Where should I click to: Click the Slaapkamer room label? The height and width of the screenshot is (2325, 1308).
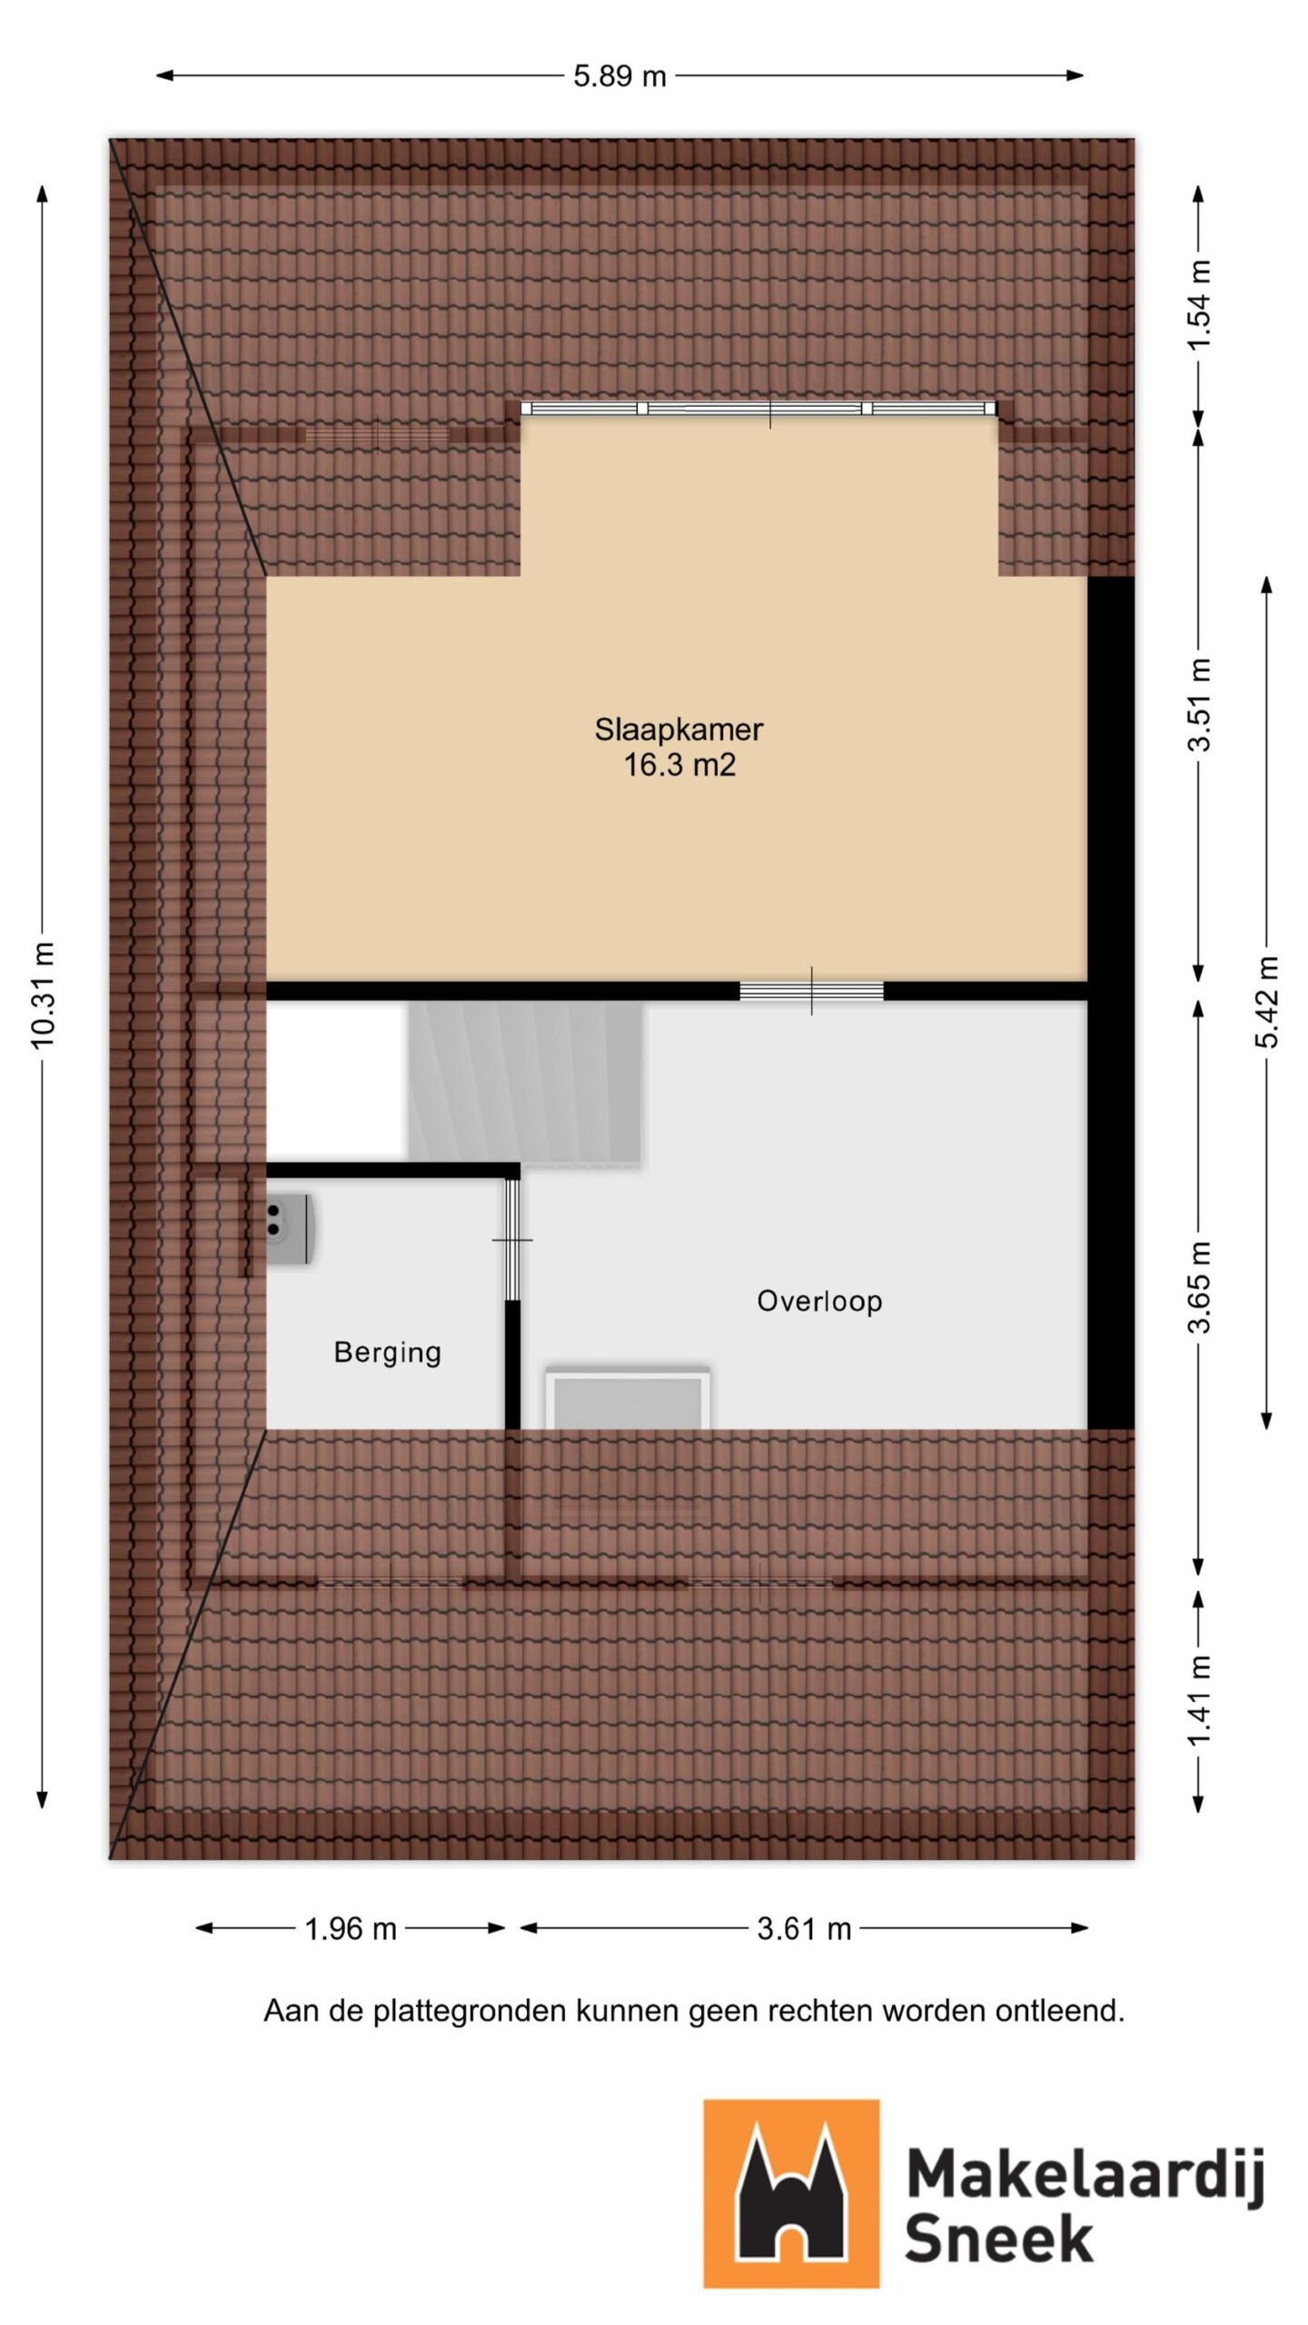[679, 729]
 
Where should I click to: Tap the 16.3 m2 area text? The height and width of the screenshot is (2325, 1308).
[679, 765]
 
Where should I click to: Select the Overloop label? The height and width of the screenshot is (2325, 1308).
[819, 1301]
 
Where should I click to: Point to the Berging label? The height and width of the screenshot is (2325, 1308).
[388, 1352]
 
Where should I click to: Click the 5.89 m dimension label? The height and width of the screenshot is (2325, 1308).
[619, 76]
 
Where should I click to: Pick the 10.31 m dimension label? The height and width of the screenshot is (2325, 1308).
[43, 994]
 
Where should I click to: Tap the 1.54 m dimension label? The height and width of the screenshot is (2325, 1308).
[1200, 304]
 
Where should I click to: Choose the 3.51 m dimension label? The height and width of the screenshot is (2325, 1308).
[1200, 704]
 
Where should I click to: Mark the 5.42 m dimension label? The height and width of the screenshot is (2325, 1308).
[1268, 1001]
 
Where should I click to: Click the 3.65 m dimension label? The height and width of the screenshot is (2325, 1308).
[1200, 1286]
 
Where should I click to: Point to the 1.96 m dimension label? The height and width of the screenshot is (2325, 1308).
[351, 1928]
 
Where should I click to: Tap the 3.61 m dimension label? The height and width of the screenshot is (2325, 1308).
[804, 1928]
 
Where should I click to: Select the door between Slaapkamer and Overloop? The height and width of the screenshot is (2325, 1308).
[811, 991]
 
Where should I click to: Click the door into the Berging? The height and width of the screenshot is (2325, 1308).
[512, 1240]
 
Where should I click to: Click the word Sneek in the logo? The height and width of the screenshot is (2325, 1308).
[998, 2239]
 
